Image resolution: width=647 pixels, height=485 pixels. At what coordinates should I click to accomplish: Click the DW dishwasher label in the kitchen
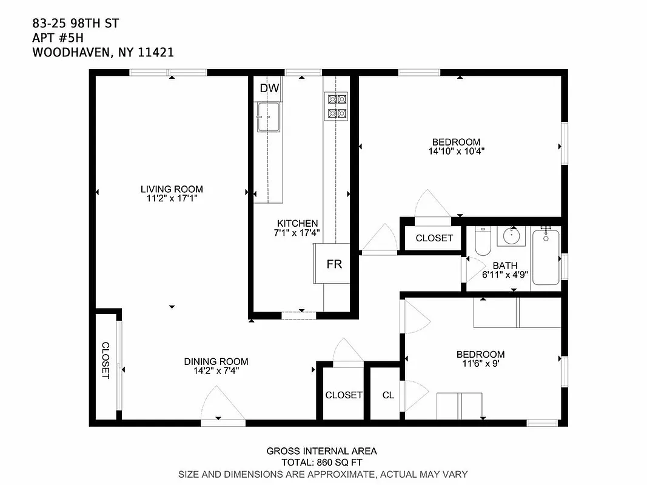tap(269, 89)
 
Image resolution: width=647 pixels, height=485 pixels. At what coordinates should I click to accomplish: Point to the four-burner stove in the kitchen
tap(336, 105)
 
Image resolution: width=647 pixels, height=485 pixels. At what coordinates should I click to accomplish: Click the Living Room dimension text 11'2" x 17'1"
tap(172, 198)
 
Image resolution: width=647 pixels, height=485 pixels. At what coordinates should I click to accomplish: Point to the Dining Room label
tap(216, 361)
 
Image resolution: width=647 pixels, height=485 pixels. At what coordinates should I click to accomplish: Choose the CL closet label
tap(388, 395)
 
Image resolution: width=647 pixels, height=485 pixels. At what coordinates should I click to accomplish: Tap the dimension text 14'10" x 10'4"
tap(456, 152)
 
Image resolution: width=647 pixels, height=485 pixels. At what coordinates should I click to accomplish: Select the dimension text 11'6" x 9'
tap(480, 364)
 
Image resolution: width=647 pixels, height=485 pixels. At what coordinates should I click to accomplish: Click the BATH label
tap(505, 265)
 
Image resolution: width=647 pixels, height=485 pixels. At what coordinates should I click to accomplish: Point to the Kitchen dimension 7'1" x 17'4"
tap(297, 233)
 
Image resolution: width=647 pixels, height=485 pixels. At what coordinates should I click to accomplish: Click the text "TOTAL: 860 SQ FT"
tap(321, 462)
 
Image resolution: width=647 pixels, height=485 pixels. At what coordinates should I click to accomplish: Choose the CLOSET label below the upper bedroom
tap(434, 238)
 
